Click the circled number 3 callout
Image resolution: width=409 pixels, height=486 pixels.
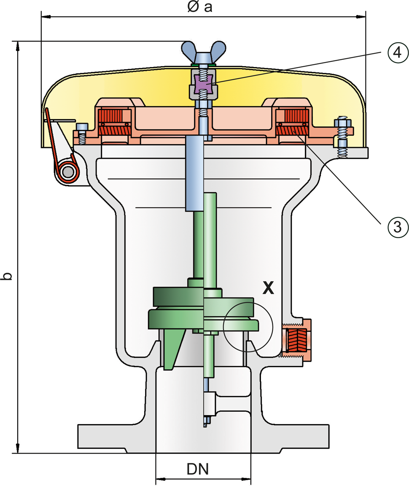[395, 227]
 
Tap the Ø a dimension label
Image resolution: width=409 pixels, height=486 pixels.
[200, 8]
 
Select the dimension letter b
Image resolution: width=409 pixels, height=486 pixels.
[7, 276]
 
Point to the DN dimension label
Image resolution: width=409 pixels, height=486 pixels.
[197, 469]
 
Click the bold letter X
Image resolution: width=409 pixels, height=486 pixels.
[268, 288]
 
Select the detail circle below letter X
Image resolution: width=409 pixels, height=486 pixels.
[248, 326]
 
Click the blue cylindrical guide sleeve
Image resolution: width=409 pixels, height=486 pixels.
[194, 173]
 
